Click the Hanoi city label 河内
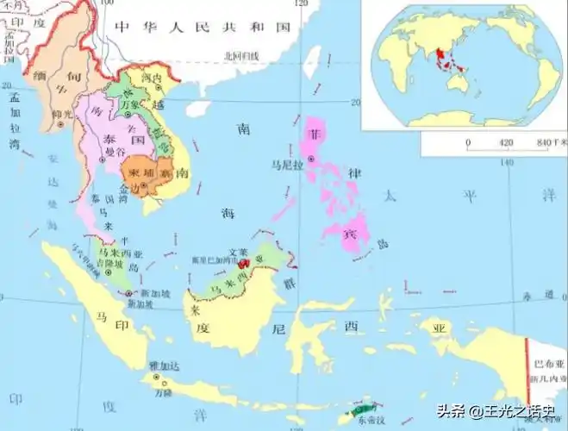pos(152,77)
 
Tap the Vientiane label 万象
pos(129,104)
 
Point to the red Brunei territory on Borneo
pos(244,260)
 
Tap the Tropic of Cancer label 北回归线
pos(240,55)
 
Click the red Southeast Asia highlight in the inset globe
pos(445,60)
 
